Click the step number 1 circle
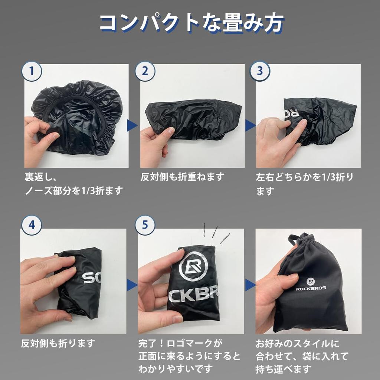32,72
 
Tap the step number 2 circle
145,71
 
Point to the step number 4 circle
32,226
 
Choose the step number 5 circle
145,226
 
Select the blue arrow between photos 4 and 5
132,285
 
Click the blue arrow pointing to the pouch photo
250,285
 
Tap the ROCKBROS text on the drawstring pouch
311,288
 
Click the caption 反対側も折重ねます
182,177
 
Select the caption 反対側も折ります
58,343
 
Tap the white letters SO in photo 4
91,278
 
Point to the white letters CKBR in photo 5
193,296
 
